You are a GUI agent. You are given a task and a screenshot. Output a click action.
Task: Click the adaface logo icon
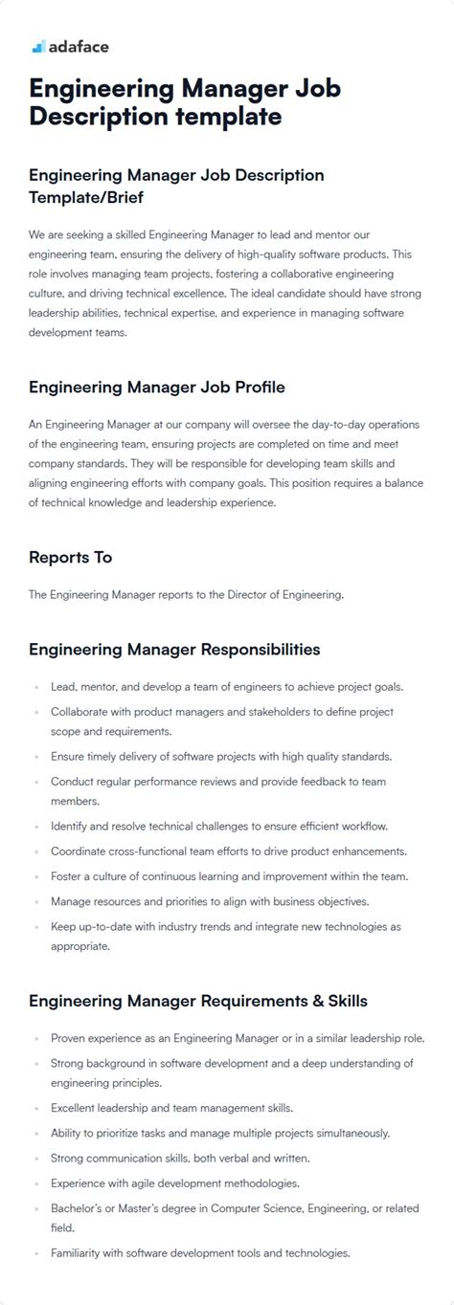point(37,47)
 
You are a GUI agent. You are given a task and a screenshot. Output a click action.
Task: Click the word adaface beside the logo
point(79,46)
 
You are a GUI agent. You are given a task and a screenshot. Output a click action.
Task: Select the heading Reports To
point(70,557)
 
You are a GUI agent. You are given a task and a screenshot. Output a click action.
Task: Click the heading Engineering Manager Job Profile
point(156,387)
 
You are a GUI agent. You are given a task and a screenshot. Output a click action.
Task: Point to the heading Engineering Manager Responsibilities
point(174,650)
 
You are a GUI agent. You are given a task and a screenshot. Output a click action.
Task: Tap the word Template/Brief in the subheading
point(86,197)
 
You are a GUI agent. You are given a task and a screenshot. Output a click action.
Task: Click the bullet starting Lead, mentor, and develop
point(227,687)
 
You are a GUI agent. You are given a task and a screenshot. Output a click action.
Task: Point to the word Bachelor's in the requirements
point(79,1208)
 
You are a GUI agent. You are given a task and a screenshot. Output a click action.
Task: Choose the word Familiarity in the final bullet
point(79,1252)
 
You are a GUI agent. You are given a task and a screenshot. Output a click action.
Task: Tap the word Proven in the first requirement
point(69,1038)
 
